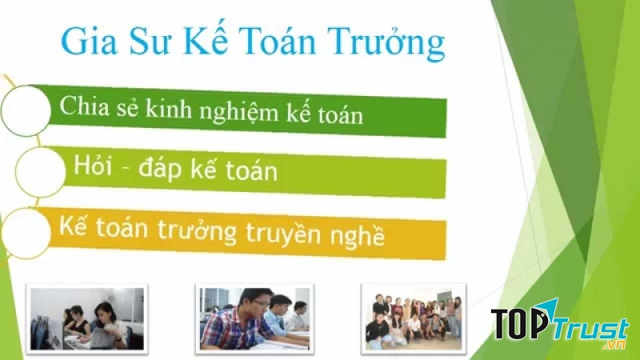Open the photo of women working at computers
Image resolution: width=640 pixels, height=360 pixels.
[x=86, y=318]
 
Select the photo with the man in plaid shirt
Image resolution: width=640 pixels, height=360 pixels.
[x=253, y=318]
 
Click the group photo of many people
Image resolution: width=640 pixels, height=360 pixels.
[x=412, y=317]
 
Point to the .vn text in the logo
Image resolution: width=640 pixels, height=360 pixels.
[x=614, y=345]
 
